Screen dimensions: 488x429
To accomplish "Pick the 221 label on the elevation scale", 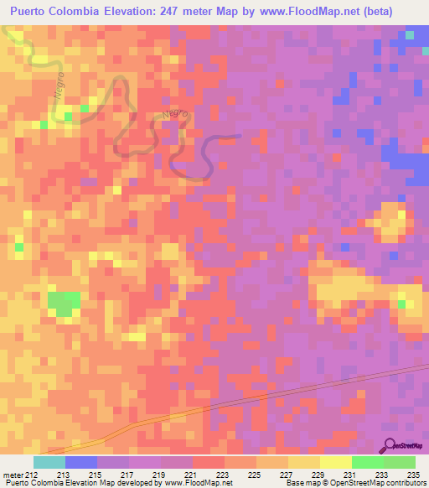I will coord(199,476).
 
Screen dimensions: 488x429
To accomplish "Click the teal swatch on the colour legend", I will coord(49,462).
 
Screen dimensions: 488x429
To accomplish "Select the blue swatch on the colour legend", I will coord(81,462).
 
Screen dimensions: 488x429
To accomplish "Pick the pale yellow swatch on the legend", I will coord(336,462).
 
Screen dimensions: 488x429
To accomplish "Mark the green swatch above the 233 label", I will coord(368,462).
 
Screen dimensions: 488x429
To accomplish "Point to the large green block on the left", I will coord(64,303).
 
